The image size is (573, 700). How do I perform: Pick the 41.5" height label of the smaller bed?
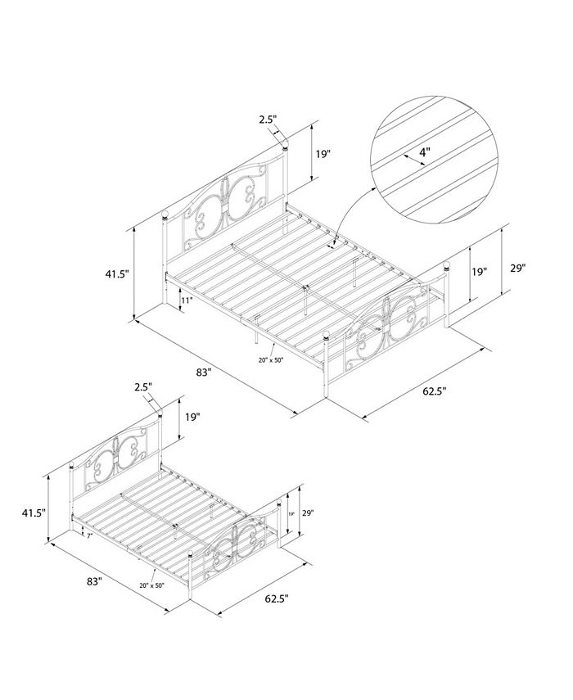(x=33, y=513)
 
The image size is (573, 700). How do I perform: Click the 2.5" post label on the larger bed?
(x=268, y=120)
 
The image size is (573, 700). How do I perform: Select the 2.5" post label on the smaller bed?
(x=142, y=386)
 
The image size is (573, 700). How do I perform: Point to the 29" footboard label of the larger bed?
(x=517, y=268)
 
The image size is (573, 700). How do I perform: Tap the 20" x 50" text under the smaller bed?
(x=154, y=585)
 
